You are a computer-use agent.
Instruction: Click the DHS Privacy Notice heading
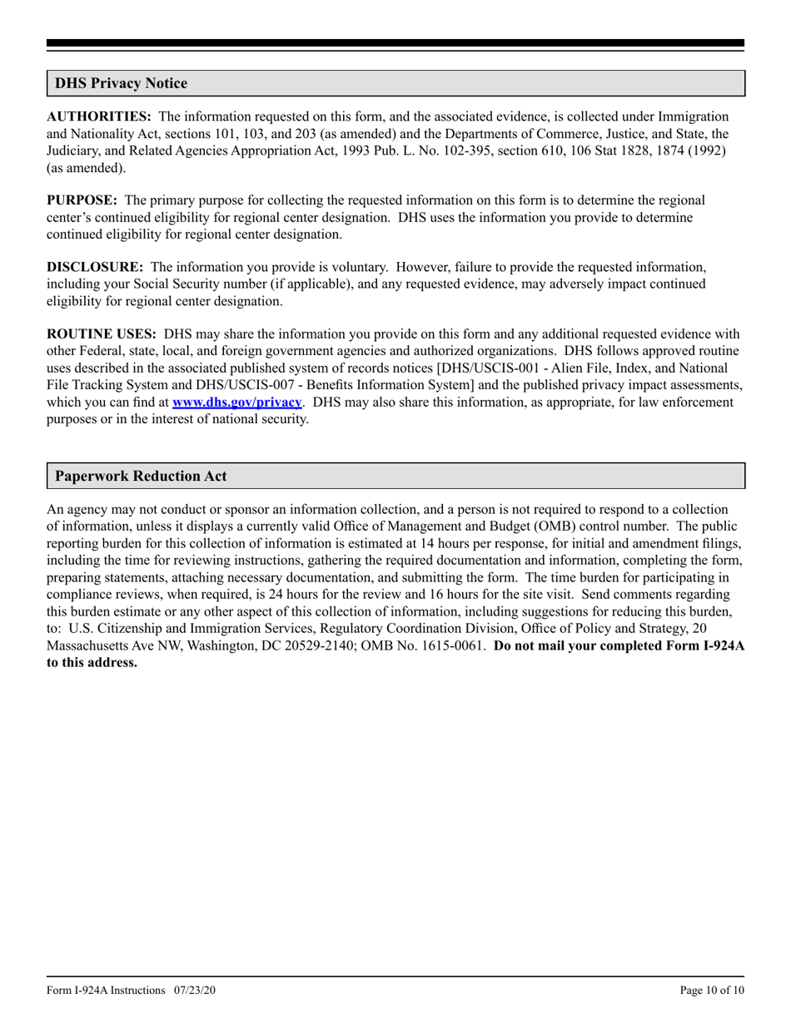tap(121, 83)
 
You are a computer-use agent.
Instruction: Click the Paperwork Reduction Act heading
tap(141, 477)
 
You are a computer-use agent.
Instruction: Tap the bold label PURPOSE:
tap(82, 200)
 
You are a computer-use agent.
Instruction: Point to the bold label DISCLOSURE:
tap(94, 267)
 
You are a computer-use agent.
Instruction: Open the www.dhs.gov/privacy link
tap(236, 402)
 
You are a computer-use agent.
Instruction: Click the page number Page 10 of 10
tap(712, 990)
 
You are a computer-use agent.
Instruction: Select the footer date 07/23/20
tap(197, 990)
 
